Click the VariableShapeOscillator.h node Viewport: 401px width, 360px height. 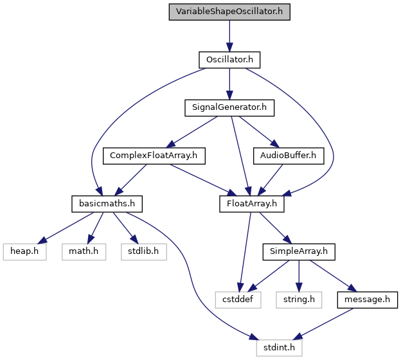point(229,12)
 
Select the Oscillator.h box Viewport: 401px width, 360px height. point(229,60)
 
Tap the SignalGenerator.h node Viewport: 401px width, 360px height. point(229,108)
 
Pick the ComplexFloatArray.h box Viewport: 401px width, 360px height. point(154,156)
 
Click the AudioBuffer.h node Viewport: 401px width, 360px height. point(289,156)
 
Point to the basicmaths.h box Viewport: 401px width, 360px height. point(107,204)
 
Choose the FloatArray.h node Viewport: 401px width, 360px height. point(252,204)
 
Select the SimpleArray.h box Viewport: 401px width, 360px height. point(299,252)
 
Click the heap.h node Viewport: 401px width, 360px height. point(24,252)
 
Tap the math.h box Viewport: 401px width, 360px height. point(84,252)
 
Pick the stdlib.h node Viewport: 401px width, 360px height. point(144,252)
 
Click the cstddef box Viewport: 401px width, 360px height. point(238,300)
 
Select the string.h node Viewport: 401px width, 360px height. point(299,300)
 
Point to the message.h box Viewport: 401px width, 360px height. point(367,300)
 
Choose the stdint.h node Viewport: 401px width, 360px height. point(279,348)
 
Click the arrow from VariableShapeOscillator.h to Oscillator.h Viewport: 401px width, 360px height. point(229,36)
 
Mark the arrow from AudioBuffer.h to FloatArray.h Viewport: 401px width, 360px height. point(271,180)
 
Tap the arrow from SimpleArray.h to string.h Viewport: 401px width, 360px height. point(299,276)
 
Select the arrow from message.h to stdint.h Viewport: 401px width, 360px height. point(323,324)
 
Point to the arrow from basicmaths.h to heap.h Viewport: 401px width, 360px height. point(66,228)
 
